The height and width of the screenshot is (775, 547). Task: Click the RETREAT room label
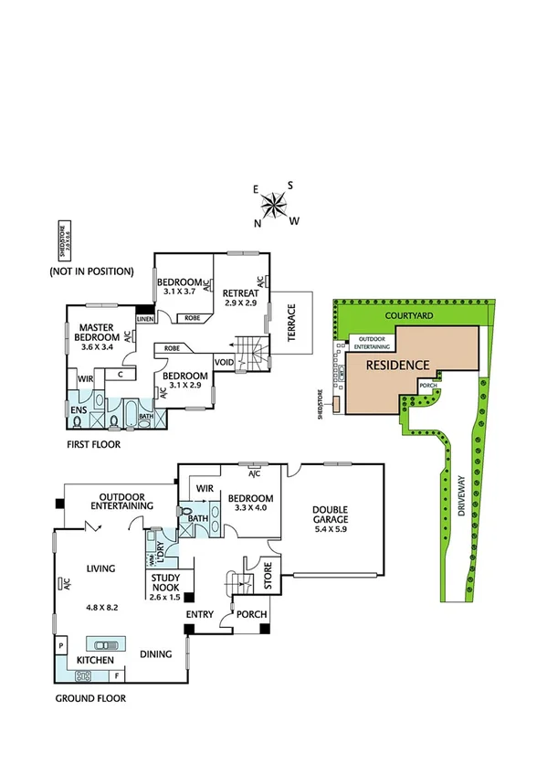pos(241,293)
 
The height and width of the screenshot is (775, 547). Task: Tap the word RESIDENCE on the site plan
pos(397,365)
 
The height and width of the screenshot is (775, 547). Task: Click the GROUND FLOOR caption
pos(89,698)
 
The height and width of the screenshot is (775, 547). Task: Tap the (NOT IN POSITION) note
pos(91,271)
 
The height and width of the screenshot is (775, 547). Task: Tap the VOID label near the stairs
pos(224,362)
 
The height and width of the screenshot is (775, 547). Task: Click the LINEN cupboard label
pos(144,319)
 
